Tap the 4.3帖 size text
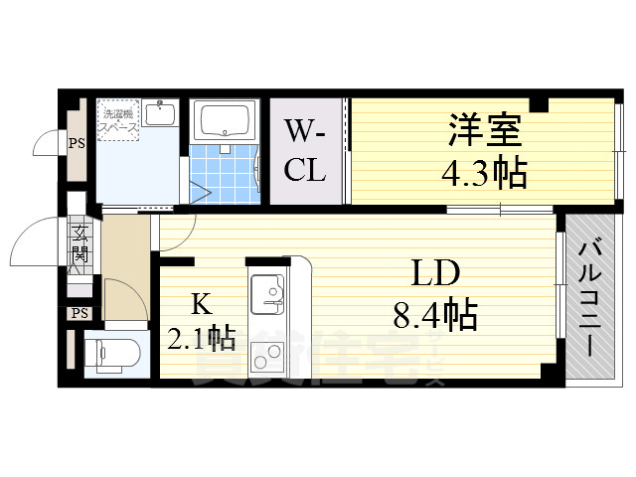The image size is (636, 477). point(484,175)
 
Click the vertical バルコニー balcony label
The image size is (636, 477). point(587,299)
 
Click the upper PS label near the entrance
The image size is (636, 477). point(77,143)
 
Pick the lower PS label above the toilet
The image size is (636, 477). point(79,314)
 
